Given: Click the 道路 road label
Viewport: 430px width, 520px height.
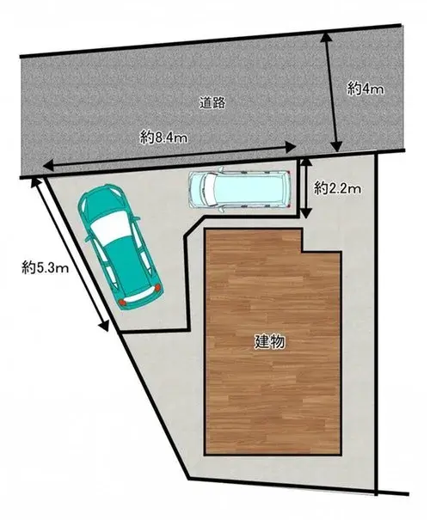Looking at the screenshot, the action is click(x=212, y=103).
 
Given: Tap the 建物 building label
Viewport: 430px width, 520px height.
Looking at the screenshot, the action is click(x=270, y=341).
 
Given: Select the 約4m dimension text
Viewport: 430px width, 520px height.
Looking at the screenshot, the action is click(x=365, y=89).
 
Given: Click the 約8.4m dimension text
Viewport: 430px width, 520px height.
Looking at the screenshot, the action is click(x=163, y=138).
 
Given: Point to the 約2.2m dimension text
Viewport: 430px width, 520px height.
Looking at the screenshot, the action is click(x=337, y=188).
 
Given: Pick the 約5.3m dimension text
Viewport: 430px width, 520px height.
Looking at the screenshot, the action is click(x=46, y=267).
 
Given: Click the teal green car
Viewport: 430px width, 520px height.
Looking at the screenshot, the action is click(x=120, y=247).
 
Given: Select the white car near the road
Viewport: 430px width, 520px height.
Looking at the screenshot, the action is click(x=240, y=190).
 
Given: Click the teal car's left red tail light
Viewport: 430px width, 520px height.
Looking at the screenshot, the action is click(x=123, y=303).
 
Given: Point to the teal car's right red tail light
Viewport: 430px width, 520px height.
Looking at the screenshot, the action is click(x=157, y=287).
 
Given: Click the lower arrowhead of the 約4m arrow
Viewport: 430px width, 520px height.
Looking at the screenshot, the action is click(x=337, y=147).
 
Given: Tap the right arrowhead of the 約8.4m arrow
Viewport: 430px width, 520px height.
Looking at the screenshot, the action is click(x=290, y=147).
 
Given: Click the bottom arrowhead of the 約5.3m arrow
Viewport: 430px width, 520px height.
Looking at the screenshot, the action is click(x=104, y=326).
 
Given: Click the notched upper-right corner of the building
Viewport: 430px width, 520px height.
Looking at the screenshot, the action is click(x=302, y=251).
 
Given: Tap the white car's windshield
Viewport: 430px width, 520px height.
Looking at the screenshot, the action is click(x=209, y=189).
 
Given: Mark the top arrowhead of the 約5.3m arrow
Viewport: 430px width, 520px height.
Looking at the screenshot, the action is click(x=35, y=181).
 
